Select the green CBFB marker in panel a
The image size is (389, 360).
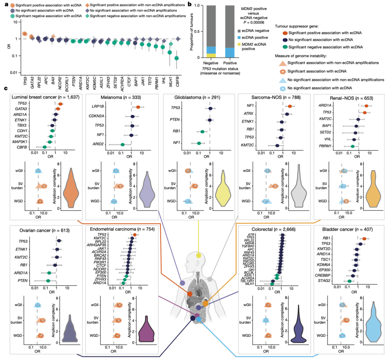click(x=176, y=58)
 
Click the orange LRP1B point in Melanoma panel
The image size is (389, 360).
click(x=138, y=107)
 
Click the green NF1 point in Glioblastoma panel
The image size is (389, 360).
click(x=199, y=143)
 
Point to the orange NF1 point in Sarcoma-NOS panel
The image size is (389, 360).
click(x=290, y=106)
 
